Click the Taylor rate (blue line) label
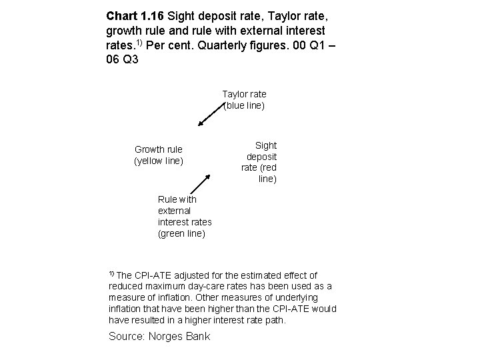(244, 100)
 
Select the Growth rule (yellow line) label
(159, 155)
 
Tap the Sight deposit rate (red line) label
(260, 162)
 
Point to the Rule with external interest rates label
(185, 216)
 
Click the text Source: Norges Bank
(159, 336)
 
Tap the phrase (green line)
(181, 233)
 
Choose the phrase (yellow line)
(159, 161)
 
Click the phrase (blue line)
(244, 105)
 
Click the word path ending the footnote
(275, 321)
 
